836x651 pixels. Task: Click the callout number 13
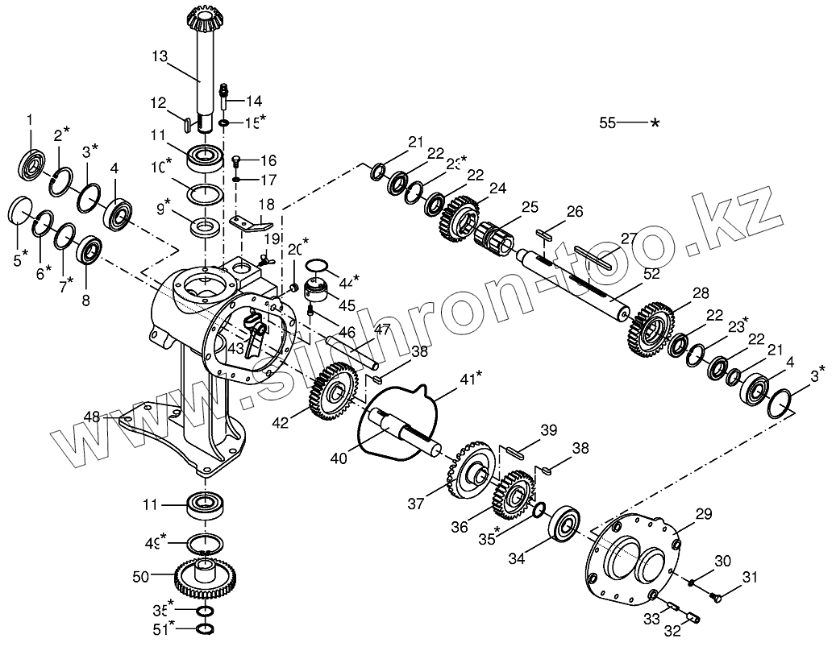tap(160, 56)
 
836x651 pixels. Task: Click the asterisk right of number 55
tap(655, 123)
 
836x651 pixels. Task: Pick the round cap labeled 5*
tap(20, 210)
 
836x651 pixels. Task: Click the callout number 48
tap(93, 416)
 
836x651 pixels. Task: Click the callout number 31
tap(751, 577)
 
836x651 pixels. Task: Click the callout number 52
tap(651, 275)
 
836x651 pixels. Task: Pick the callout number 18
tap(267, 205)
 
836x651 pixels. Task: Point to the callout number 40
tap(339, 458)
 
